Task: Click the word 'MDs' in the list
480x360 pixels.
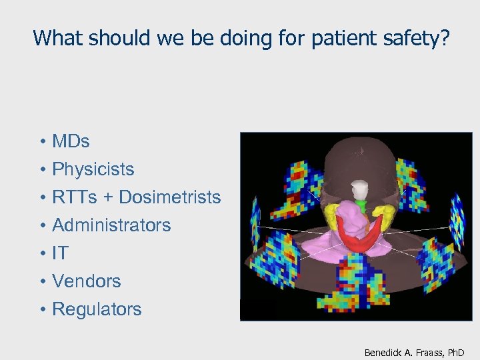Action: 71,141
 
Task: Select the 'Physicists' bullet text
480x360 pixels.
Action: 93,169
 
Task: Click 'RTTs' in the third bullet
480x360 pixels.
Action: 72,197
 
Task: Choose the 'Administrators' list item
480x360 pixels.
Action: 111,225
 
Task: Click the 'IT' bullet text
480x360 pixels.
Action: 60,253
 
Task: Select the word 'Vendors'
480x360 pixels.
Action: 87,281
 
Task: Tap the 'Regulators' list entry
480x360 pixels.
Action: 97,309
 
